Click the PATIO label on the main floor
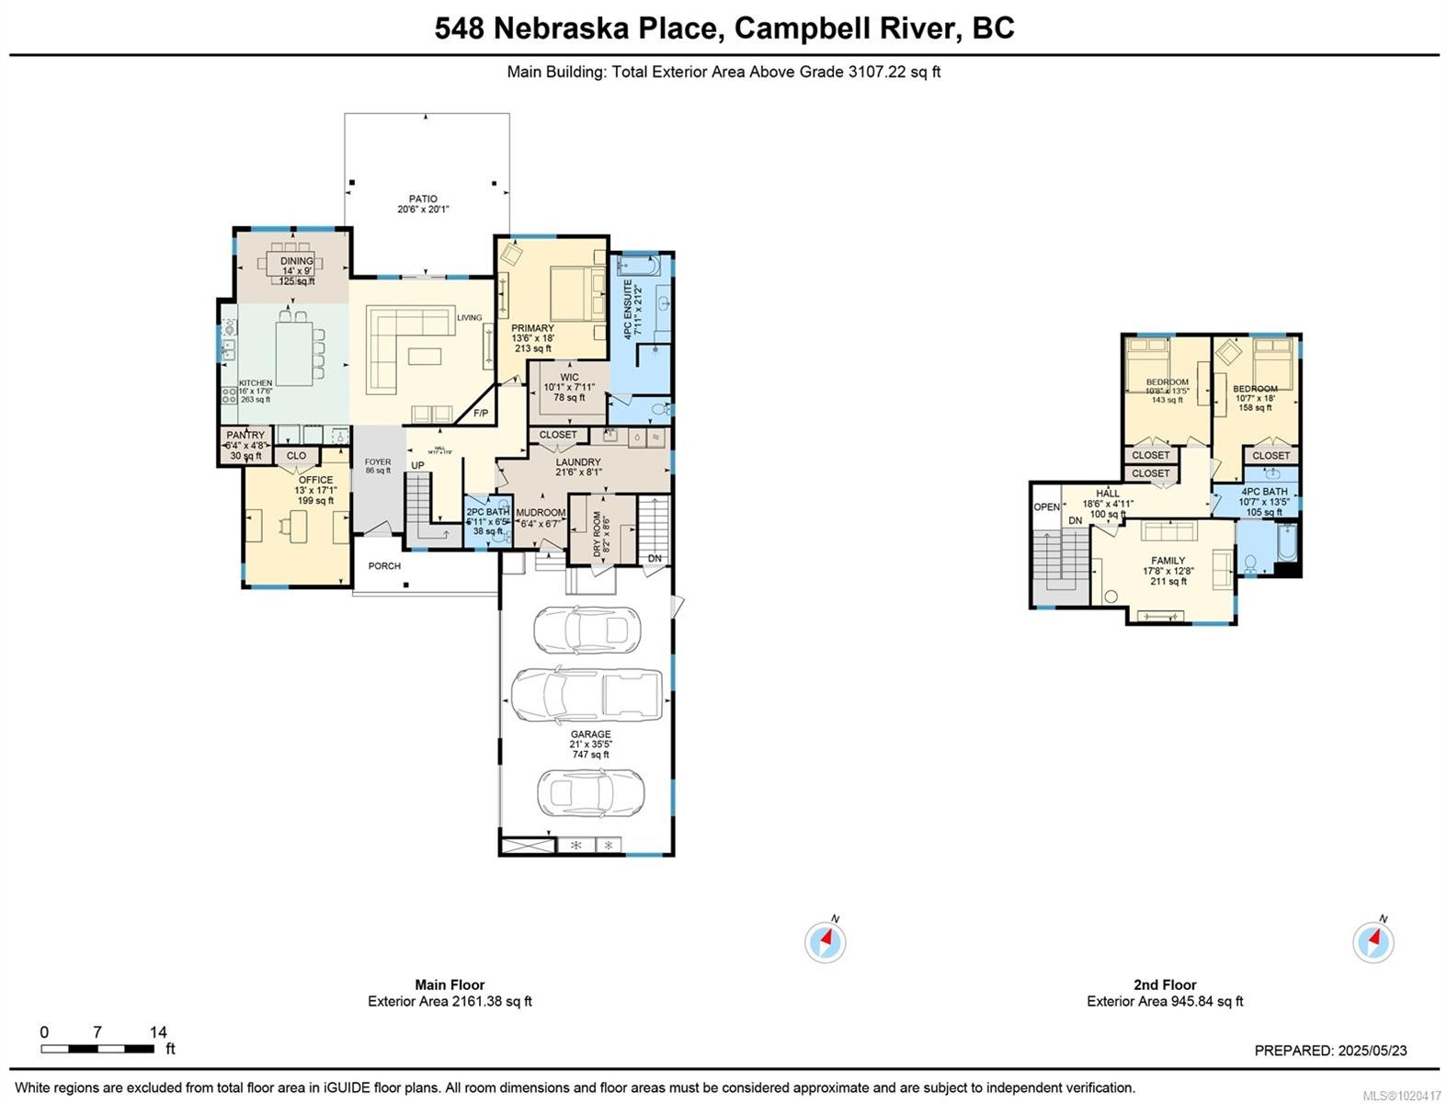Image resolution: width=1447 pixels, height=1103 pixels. [x=423, y=199]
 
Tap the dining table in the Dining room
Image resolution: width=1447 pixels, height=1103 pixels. [x=296, y=261]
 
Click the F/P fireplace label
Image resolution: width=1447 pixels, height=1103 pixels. [x=481, y=414]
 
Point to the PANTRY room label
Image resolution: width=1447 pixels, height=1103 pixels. [x=245, y=435]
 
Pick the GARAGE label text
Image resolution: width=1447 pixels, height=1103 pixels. [x=590, y=734]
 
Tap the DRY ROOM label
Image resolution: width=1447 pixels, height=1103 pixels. [x=598, y=535]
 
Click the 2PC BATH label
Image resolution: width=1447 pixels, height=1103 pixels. [x=487, y=513]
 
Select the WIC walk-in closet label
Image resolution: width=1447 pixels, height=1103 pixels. [x=569, y=377]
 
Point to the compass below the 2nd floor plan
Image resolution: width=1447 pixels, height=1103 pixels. [x=1373, y=942]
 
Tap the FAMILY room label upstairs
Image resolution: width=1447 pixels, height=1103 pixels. [x=1168, y=560]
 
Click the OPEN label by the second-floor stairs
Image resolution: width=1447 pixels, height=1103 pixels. [x=1046, y=507]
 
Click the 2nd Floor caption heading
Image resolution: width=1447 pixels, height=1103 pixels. [x=1165, y=984]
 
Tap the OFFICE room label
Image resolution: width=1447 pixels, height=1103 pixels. [x=315, y=480]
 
